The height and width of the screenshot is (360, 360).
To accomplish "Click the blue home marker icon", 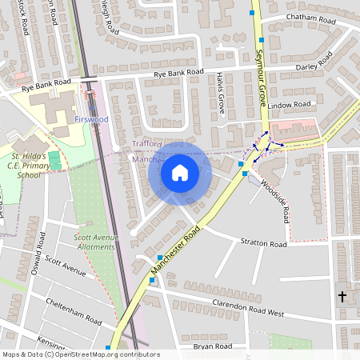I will [180, 172].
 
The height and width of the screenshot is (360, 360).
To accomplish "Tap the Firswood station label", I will [91, 119].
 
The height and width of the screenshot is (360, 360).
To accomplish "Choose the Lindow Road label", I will [289, 106].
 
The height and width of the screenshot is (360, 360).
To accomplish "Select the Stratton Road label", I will [263, 242].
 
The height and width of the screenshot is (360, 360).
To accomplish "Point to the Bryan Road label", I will [213, 346].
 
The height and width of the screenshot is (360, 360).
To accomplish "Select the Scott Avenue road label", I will [66, 266].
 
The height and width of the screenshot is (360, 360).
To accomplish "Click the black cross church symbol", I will [342, 297].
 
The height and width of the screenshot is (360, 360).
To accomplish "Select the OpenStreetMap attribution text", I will [81, 354].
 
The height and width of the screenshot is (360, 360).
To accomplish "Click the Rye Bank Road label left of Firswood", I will [46, 83].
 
